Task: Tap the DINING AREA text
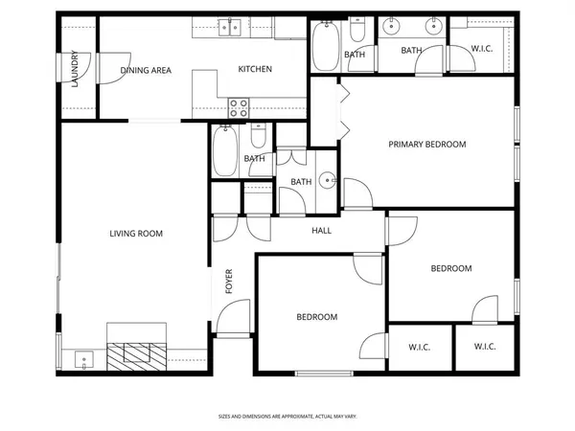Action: [146, 70]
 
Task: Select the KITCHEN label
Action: [255, 69]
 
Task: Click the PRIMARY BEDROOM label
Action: [426, 145]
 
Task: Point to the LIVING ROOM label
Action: [135, 233]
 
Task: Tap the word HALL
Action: [322, 230]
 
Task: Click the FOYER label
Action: [229, 280]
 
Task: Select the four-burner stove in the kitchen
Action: [239, 107]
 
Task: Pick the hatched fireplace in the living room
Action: [135, 355]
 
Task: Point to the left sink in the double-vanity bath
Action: [393, 28]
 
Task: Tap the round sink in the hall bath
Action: [327, 180]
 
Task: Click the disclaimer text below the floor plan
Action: [287, 417]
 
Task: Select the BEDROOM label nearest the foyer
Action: [315, 317]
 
